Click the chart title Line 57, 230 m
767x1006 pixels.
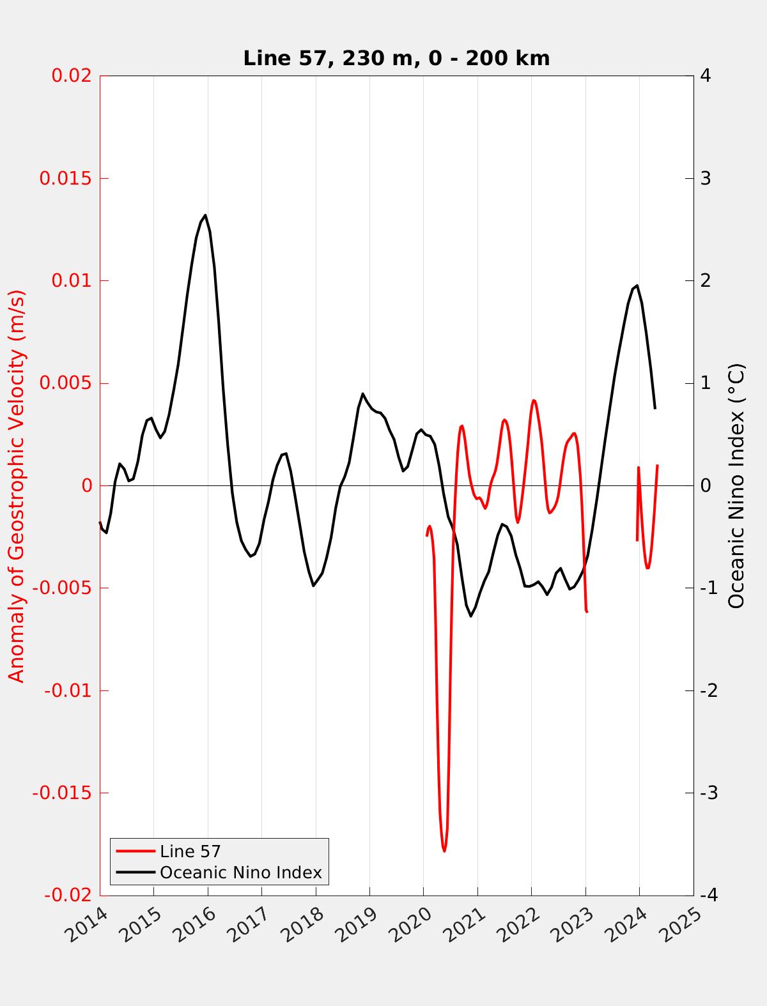coord(396,58)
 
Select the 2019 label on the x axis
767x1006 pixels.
coord(358,923)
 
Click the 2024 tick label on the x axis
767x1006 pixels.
coord(628,923)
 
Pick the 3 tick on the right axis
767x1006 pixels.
coord(706,178)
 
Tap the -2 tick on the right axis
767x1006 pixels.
coord(708,690)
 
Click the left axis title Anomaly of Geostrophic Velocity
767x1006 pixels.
coord(17,485)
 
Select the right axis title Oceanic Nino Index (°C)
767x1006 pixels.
coord(736,485)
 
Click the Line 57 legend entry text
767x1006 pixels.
coord(190,851)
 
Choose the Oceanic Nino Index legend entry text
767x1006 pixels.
coord(240,873)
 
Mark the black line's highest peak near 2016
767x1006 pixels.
coord(205,215)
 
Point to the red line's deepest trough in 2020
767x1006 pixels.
coord(444,851)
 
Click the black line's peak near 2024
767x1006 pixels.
coord(637,286)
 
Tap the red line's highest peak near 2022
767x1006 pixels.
coord(534,400)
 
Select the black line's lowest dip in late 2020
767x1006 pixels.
coord(471,616)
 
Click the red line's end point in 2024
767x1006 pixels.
coord(657,466)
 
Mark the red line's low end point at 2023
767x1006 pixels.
coord(586,612)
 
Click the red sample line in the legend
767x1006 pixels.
coord(136,851)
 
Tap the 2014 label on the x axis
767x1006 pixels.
coord(88,923)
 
